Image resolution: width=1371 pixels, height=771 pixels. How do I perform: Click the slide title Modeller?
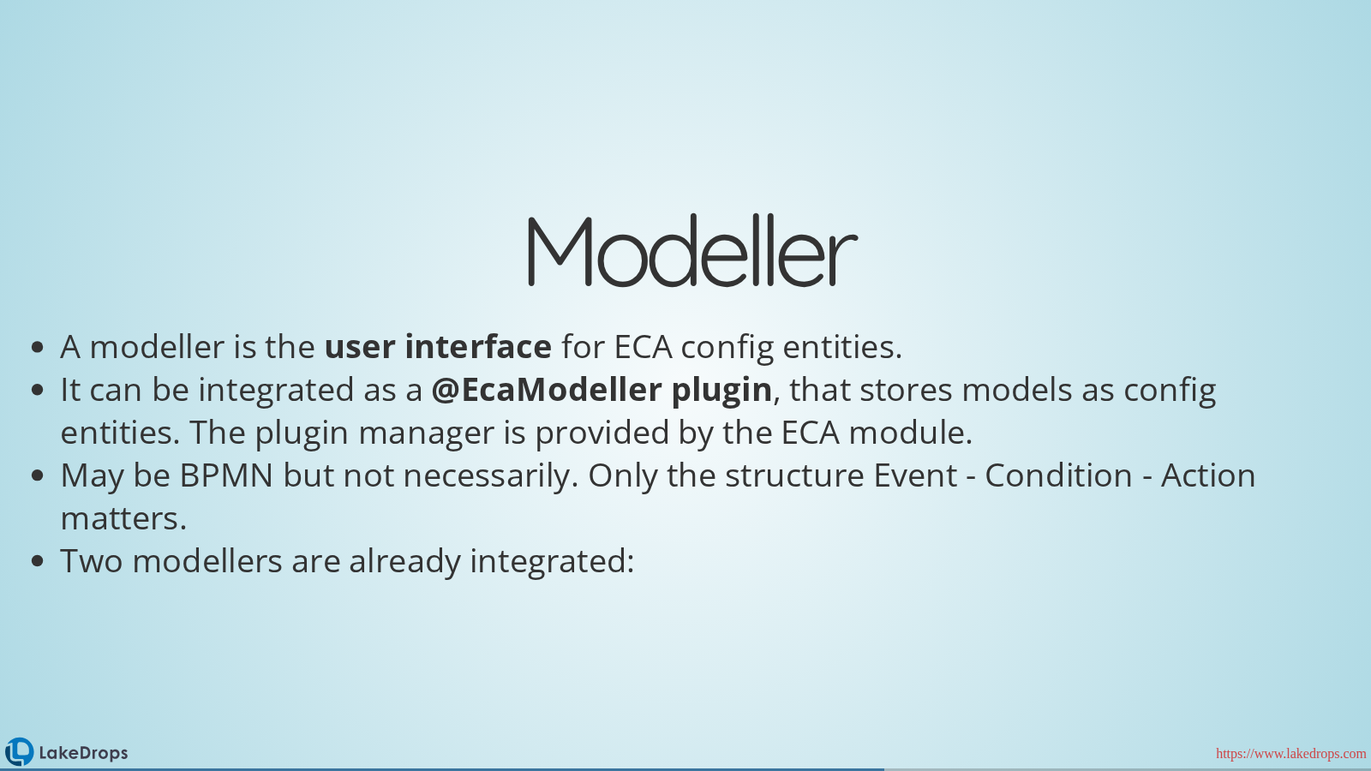pos(692,250)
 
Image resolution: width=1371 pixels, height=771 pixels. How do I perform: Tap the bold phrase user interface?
pos(438,346)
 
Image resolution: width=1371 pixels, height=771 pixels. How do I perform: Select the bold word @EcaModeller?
pos(547,389)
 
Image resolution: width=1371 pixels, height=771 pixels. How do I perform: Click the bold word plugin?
pos(722,391)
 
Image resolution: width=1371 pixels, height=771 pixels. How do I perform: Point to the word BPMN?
pos(226,475)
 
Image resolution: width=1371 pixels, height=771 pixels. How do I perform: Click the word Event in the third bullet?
pos(915,475)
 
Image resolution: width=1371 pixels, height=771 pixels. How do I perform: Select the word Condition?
pos(1058,475)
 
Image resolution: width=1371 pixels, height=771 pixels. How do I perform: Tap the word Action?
pos(1208,475)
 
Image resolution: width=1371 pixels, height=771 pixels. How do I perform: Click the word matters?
pos(123,519)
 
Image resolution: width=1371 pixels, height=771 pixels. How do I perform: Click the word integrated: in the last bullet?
pos(552,562)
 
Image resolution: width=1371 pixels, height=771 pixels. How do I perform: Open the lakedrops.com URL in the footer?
pos(1290,753)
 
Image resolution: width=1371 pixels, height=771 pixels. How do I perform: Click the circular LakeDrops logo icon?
pos(19,751)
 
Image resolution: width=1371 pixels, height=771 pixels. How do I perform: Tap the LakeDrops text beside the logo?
pos(83,753)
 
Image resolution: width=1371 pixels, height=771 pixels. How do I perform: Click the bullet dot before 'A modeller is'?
pos(38,348)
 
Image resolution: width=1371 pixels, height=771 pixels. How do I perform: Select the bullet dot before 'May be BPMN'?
pos(38,476)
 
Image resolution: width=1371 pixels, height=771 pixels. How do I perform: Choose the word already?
pos(404,562)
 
